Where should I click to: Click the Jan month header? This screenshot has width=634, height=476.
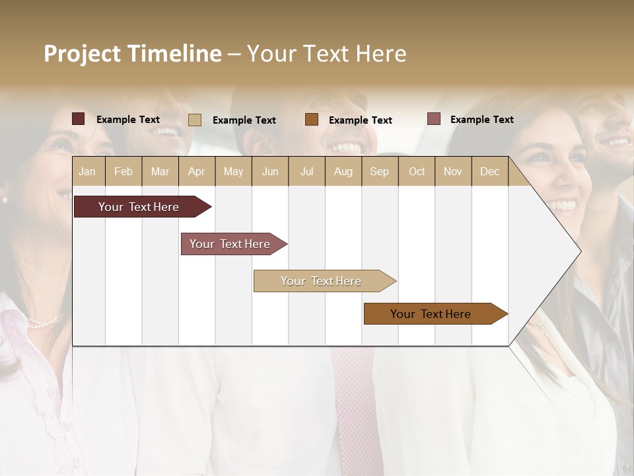coord(87,171)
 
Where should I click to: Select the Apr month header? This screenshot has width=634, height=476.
coord(196,171)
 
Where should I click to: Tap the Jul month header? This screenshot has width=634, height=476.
coord(306,171)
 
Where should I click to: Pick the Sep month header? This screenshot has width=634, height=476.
coord(379,171)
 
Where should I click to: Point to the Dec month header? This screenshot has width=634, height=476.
coord(489,171)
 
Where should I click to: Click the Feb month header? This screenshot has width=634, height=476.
coord(123,171)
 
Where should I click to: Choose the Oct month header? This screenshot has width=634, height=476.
coord(417,171)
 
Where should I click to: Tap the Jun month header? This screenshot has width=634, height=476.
coord(270,171)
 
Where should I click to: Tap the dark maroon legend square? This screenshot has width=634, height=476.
coord(78,119)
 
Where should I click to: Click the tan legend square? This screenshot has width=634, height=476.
coord(194,120)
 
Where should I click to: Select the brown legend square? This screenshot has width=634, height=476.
coord(312,120)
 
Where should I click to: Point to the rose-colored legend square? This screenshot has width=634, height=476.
coord(433,119)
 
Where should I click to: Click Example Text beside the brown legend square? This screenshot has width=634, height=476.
coord(360,120)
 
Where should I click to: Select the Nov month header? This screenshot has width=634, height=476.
coord(453,171)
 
